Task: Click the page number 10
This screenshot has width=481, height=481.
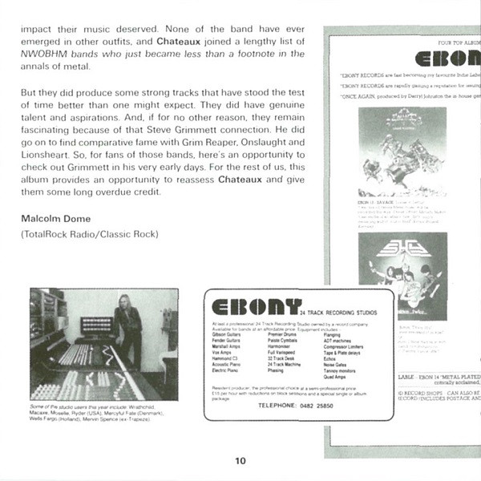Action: click(240, 460)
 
